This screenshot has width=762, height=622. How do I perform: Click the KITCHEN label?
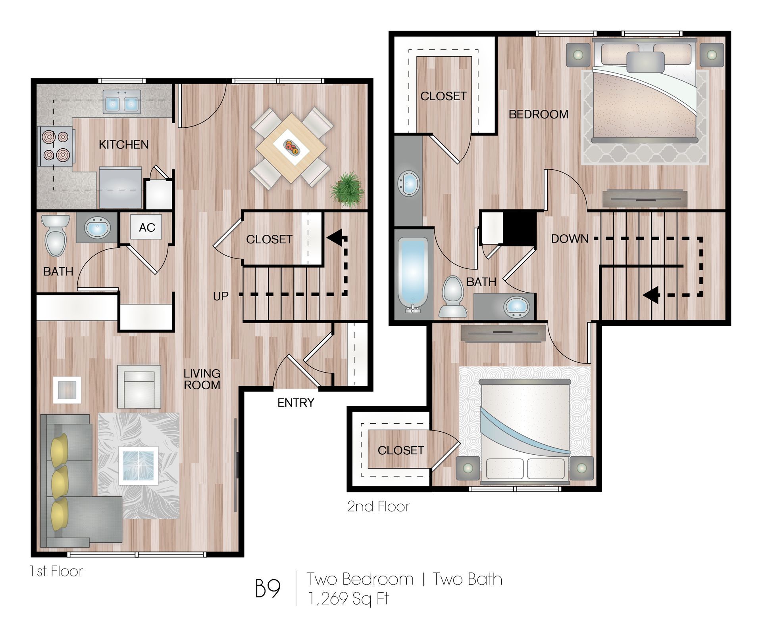(123, 145)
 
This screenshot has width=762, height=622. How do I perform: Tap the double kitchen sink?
(121, 102)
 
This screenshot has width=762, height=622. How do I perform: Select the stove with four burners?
(56, 146)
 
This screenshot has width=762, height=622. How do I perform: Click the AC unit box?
(146, 227)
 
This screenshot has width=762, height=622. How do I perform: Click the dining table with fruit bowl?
(291, 148)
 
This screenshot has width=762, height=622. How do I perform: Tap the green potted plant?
(347, 189)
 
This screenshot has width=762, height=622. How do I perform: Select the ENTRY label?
(296, 403)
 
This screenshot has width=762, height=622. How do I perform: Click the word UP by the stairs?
(221, 296)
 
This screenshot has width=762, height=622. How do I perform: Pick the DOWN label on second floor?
(570, 239)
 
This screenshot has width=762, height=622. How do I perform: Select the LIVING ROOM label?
(202, 379)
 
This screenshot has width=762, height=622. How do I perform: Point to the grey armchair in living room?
(139, 387)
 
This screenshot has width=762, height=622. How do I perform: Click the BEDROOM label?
(538, 115)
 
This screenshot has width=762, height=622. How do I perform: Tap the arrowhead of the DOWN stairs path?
(651, 295)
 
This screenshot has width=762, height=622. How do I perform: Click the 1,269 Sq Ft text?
(348, 599)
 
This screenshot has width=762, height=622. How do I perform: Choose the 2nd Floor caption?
(378, 507)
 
